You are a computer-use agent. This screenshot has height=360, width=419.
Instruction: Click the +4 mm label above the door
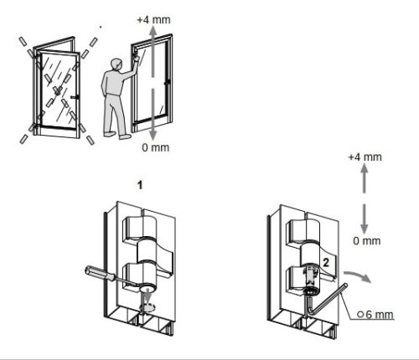pos(153,20)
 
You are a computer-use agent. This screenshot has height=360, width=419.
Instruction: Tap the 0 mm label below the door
pos(156,147)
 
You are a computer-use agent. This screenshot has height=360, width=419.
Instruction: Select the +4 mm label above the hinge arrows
pos(365,157)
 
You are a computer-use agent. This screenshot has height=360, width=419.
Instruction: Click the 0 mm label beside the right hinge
pos(367,240)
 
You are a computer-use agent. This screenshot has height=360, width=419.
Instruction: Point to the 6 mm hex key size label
pos(375,315)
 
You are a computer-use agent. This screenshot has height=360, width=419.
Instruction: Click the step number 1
pos(140,185)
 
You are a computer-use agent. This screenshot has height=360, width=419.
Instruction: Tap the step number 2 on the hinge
pos(326,263)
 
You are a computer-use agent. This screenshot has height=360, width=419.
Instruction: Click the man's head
pos(116,65)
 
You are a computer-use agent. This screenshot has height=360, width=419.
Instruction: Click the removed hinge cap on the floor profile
pos(147,307)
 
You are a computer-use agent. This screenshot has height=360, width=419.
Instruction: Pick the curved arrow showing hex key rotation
pos(358,276)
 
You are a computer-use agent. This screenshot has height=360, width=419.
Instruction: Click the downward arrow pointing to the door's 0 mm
pos(153,115)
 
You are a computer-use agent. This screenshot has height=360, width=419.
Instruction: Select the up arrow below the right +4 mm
pos(365,178)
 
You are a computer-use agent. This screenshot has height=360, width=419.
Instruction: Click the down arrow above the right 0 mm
pos(364,219)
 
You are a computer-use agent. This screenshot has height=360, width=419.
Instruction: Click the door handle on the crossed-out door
pos(75,97)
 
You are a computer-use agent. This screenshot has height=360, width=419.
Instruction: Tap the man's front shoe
pos(125,136)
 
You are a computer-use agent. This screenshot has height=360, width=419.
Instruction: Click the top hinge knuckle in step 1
pos(138,227)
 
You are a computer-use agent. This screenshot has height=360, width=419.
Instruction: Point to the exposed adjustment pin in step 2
pos(310,279)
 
